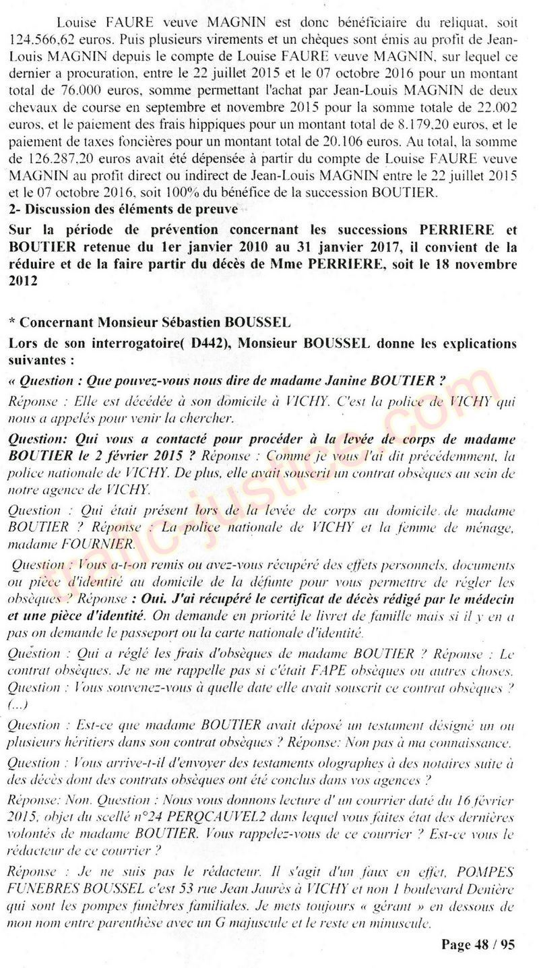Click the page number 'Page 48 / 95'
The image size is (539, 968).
pyautogui.click(x=478, y=944)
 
